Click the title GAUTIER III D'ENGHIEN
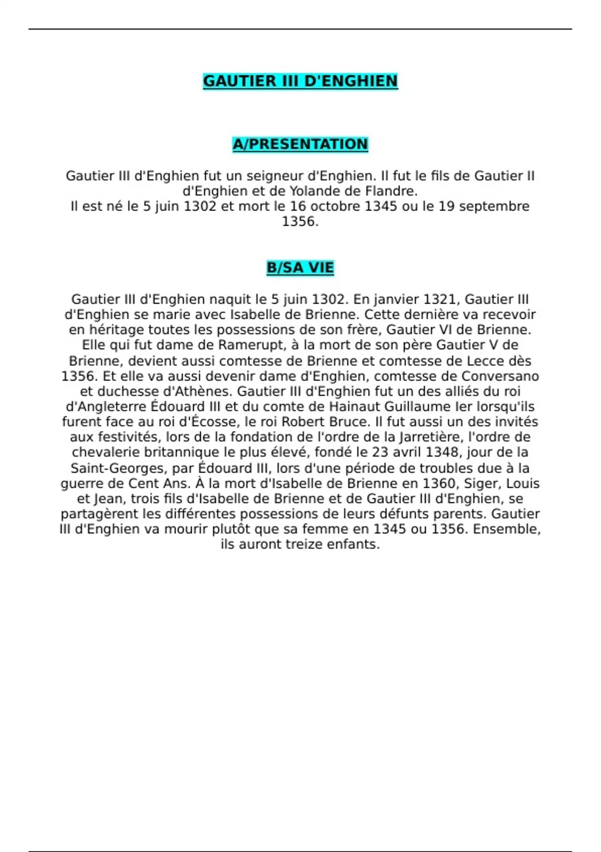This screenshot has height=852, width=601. click(x=300, y=81)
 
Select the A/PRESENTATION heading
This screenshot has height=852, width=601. click(x=300, y=144)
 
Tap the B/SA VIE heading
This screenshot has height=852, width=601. click(x=300, y=268)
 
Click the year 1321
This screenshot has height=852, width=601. click(x=440, y=300)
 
